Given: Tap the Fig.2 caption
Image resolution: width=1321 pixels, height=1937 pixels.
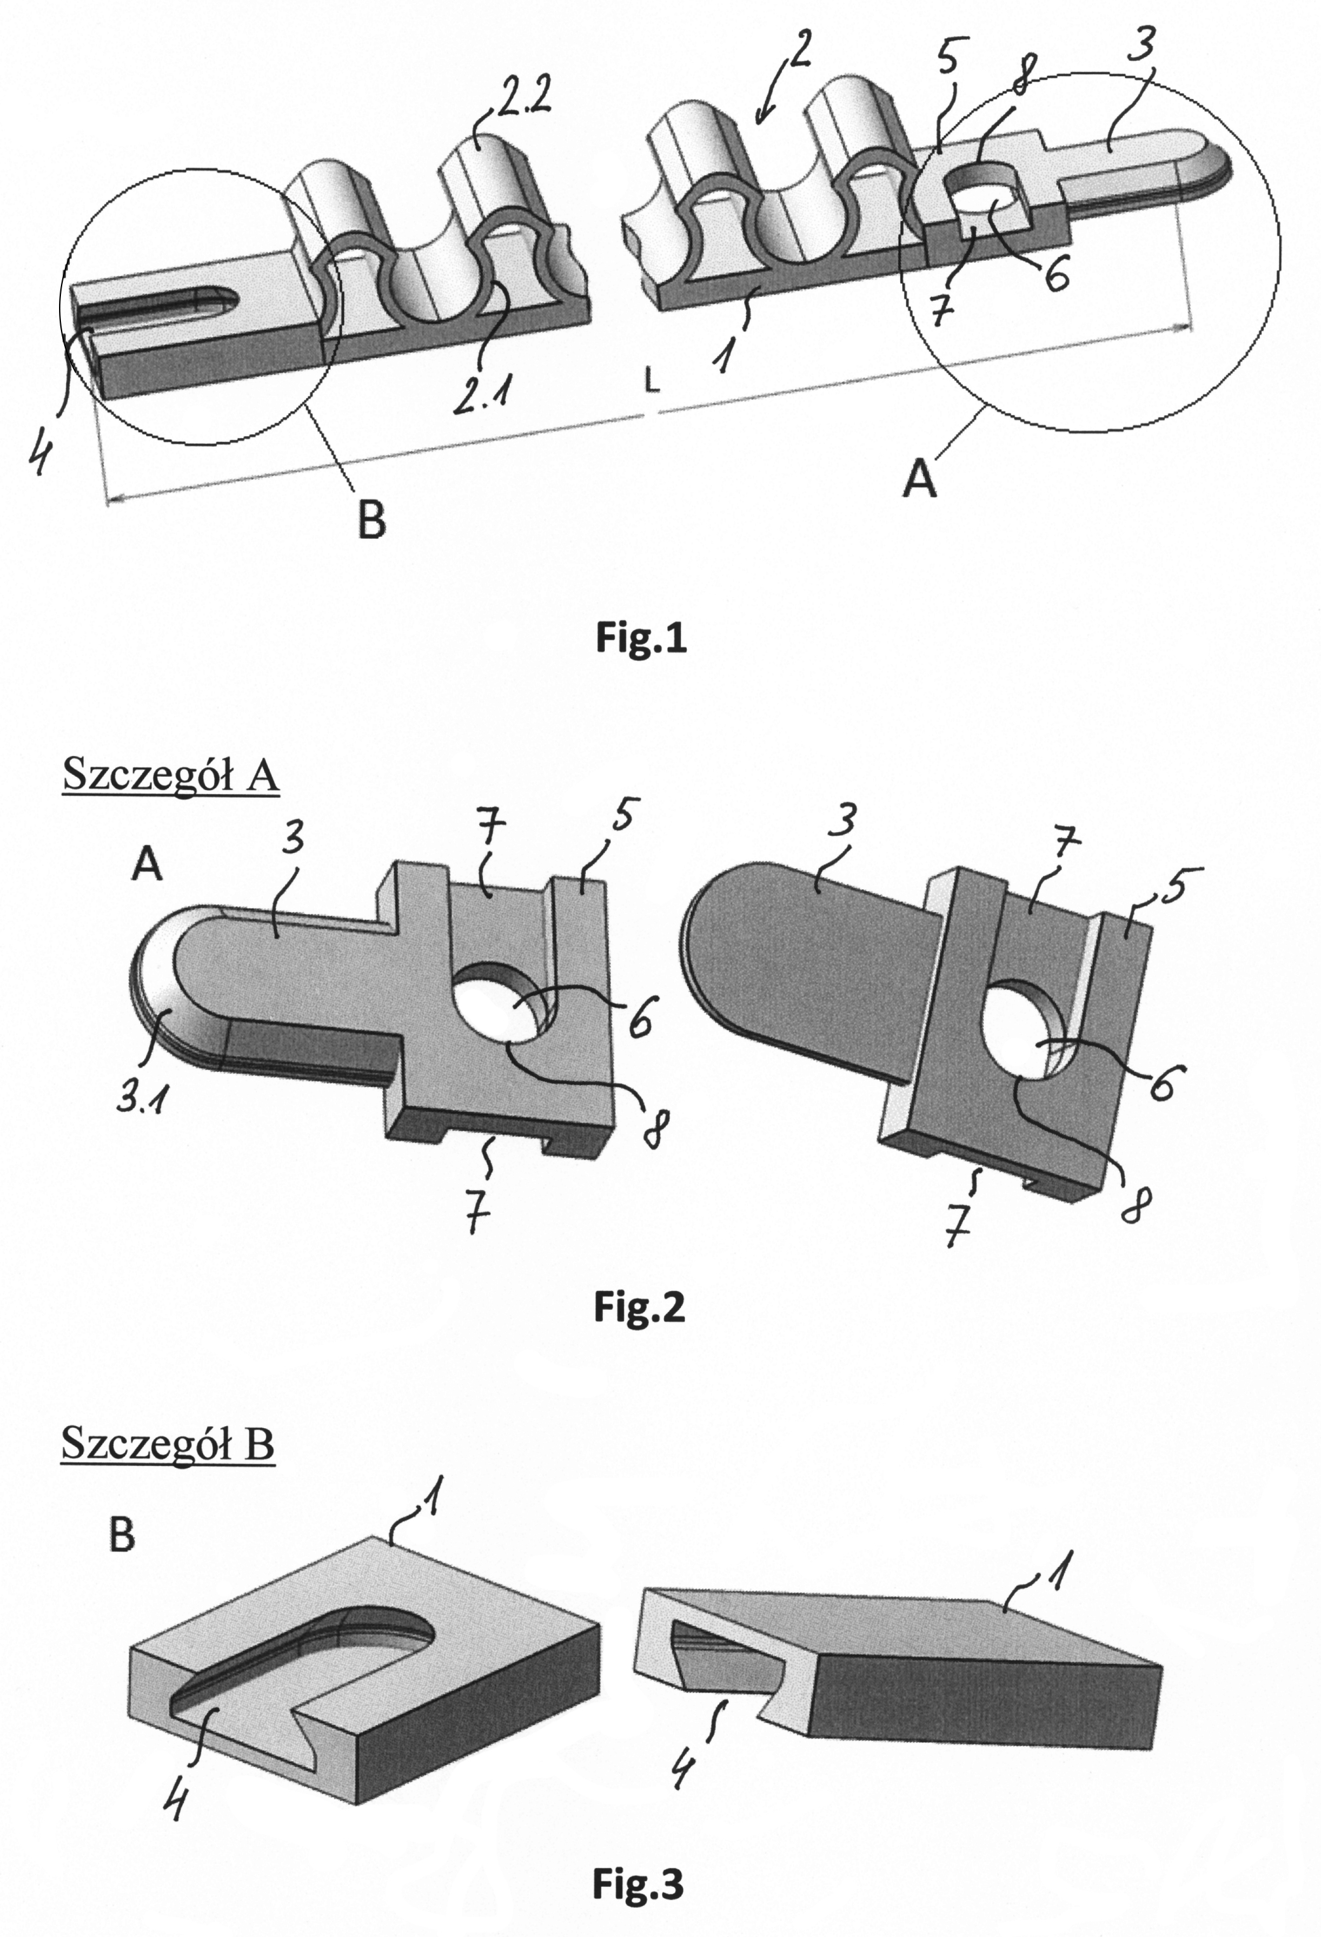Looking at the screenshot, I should [x=639, y=1307].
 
